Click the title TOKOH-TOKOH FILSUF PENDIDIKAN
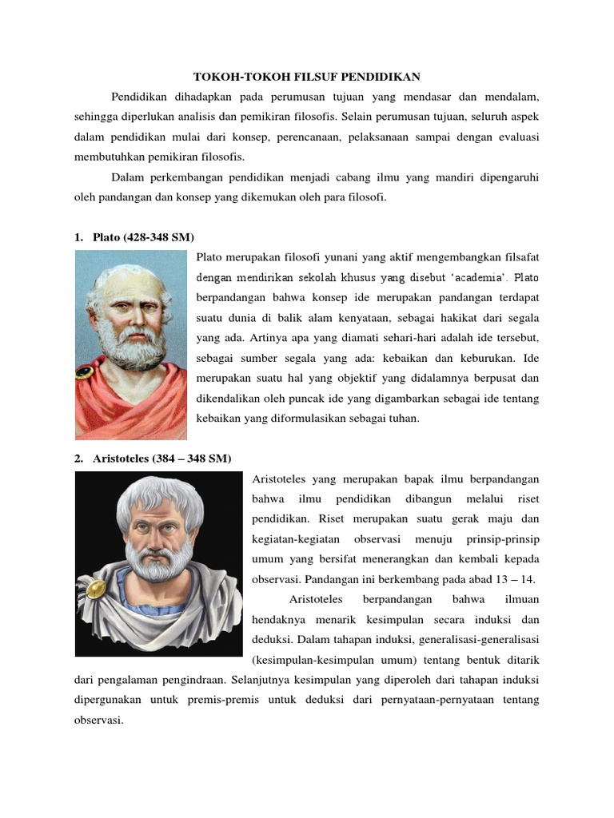pyautogui.click(x=307, y=77)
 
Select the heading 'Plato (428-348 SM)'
pyautogui.click(x=143, y=238)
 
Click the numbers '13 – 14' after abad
pyautogui.click(x=516, y=579)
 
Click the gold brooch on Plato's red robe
pyautogui.click(x=82, y=371)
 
